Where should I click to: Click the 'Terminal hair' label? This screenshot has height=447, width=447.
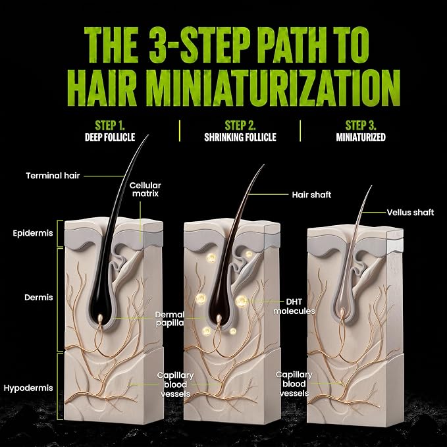(x=53, y=176)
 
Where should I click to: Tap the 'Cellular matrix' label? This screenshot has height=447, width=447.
(x=145, y=190)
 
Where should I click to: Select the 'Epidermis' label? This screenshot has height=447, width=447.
(x=33, y=233)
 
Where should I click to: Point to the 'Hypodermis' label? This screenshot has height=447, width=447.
(x=28, y=388)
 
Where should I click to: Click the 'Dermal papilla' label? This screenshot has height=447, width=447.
(x=170, y=319)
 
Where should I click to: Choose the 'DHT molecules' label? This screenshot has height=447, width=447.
(x=294, y=306)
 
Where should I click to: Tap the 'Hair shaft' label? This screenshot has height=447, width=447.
(x=311, y=195)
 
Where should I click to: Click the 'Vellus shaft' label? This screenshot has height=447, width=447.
(x=410, y=213)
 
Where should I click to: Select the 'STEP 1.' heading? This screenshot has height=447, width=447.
(x=110, y=126)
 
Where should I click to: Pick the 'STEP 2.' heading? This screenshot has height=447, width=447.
(x=240, y=126)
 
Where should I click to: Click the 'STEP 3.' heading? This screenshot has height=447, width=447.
(x=361, y=126)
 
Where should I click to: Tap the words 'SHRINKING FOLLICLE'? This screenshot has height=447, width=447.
(x=240, y=137)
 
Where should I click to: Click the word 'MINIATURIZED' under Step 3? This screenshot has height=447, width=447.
(x=361, y=137)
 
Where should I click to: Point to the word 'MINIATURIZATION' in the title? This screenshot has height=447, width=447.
(x=275, y=88)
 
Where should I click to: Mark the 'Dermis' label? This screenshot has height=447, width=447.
(x=38, y=298)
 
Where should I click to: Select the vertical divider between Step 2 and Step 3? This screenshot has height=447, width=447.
(x=300, y=131)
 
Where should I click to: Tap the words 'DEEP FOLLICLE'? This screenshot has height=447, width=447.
(x=110, y=137)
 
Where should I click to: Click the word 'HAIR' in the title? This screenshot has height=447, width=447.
(x=102, y=88)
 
